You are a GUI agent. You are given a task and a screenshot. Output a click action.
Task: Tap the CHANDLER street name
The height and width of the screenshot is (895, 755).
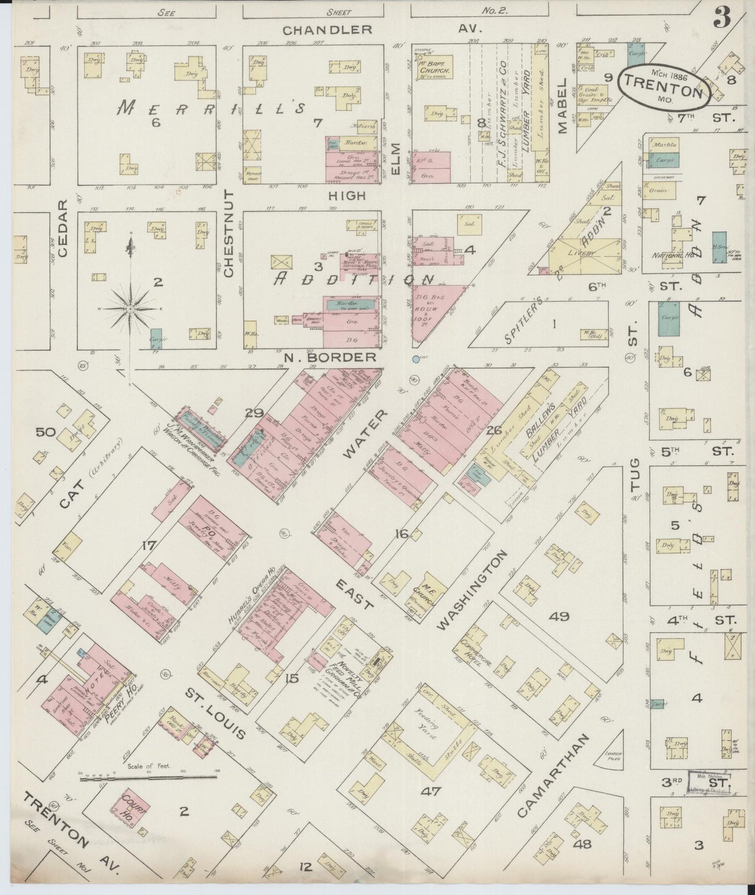pos(327,30)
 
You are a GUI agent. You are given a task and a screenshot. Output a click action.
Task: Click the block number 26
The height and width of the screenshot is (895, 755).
pos(494,430)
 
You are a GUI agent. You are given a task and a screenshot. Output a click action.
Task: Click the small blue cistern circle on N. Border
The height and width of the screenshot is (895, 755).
pos(416,359)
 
